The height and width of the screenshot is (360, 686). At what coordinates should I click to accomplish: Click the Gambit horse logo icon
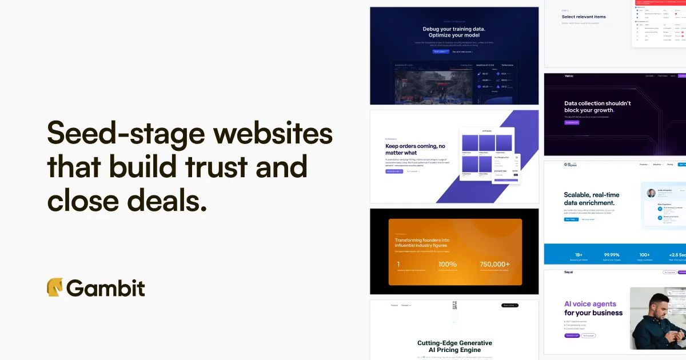point(55,287)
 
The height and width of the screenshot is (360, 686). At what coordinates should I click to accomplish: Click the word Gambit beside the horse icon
point(106,288)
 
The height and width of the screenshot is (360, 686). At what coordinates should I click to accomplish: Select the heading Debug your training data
point(454,29)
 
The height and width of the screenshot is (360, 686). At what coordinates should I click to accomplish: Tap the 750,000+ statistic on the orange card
point(495,264)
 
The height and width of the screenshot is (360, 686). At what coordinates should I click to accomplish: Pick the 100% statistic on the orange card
point(447,264)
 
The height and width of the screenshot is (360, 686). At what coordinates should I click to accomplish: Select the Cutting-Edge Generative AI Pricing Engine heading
point(454,346)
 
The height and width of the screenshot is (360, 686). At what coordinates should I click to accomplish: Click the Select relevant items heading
point(584,17)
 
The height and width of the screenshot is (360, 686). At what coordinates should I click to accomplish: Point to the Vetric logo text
point(553,76)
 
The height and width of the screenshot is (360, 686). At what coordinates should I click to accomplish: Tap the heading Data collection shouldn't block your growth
point(597,107)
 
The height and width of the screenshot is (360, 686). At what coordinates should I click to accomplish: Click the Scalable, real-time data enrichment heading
point(591,199)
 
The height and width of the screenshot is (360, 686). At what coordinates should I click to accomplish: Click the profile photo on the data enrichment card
point(651,193)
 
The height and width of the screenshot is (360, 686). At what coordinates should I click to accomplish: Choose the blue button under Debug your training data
point(440,51)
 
